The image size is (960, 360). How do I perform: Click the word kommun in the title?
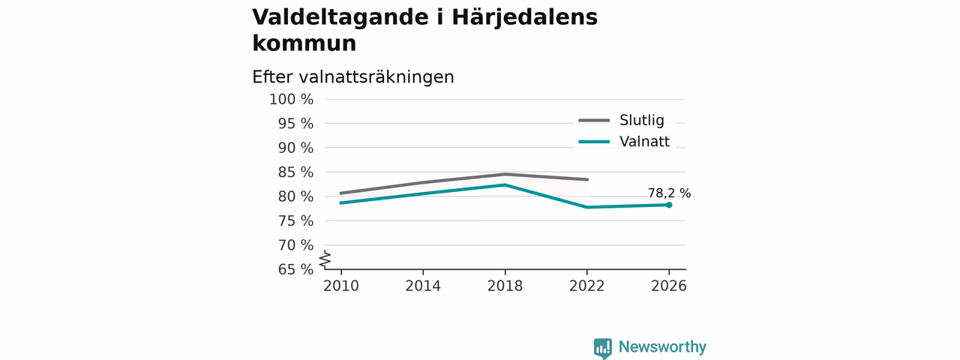point(304,43)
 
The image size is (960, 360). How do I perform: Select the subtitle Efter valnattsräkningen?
point(353,77)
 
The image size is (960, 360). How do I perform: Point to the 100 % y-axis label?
point(292,100)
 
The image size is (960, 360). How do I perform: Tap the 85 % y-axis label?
point(295,172)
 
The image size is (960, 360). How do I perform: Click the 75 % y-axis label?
point(295,221)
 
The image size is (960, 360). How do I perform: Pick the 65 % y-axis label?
point(295,269)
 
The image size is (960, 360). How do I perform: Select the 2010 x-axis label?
point(341,286)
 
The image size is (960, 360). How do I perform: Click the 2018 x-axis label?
point(505,286)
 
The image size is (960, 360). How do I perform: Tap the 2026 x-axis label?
point(668,286)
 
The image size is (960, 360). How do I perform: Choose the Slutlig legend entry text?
point(642,121)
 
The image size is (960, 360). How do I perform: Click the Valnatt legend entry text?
point(644,142)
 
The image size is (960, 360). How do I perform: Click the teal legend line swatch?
point(594,142)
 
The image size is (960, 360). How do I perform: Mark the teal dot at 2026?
point(669,205)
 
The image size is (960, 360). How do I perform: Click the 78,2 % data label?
point(669,193)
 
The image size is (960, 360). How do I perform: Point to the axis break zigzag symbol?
point(325,259)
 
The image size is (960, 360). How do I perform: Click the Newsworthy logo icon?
point(603,348)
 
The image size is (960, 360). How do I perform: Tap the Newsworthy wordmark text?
point(662,346)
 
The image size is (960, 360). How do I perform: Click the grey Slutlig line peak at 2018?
point(505,174)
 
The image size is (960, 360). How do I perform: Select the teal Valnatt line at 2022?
point(586,208)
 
